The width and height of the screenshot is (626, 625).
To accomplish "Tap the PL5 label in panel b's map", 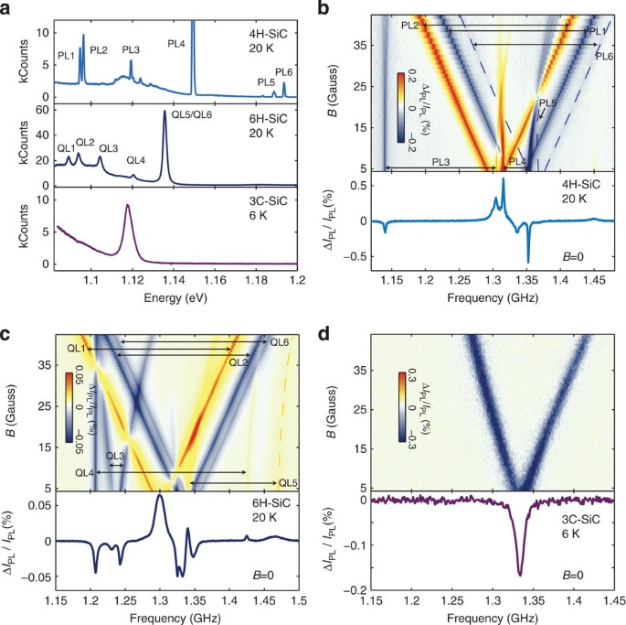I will pos(547,103).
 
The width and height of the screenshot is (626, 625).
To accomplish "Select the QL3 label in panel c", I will pos(114,456).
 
